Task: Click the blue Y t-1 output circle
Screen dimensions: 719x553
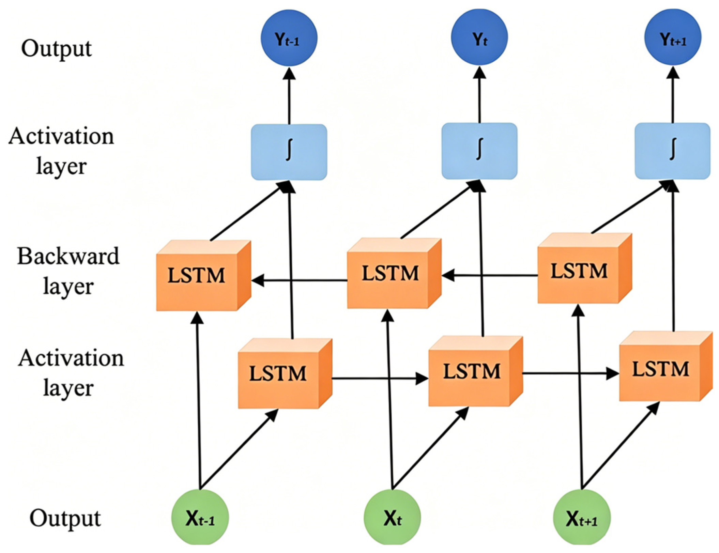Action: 289,37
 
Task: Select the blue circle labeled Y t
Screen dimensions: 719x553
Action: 479,37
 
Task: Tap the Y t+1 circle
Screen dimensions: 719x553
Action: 673,37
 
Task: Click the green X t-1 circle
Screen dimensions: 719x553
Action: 200,517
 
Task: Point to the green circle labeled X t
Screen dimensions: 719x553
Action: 393,517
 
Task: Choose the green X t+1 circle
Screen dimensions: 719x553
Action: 582,517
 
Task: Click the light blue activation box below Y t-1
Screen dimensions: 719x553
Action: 289,152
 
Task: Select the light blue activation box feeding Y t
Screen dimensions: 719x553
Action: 479,151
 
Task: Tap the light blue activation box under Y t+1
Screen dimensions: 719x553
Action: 673,151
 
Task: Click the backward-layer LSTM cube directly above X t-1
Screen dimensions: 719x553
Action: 204,276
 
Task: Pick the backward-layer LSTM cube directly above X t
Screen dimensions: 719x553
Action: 394,274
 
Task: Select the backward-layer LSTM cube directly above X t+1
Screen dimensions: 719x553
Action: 585,268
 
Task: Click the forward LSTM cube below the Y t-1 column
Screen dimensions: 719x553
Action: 285,373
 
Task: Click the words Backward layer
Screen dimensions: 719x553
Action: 68,271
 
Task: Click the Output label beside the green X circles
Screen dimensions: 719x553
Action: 65,518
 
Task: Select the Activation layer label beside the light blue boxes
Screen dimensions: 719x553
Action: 61,151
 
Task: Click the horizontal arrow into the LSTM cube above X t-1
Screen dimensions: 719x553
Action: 299,280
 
